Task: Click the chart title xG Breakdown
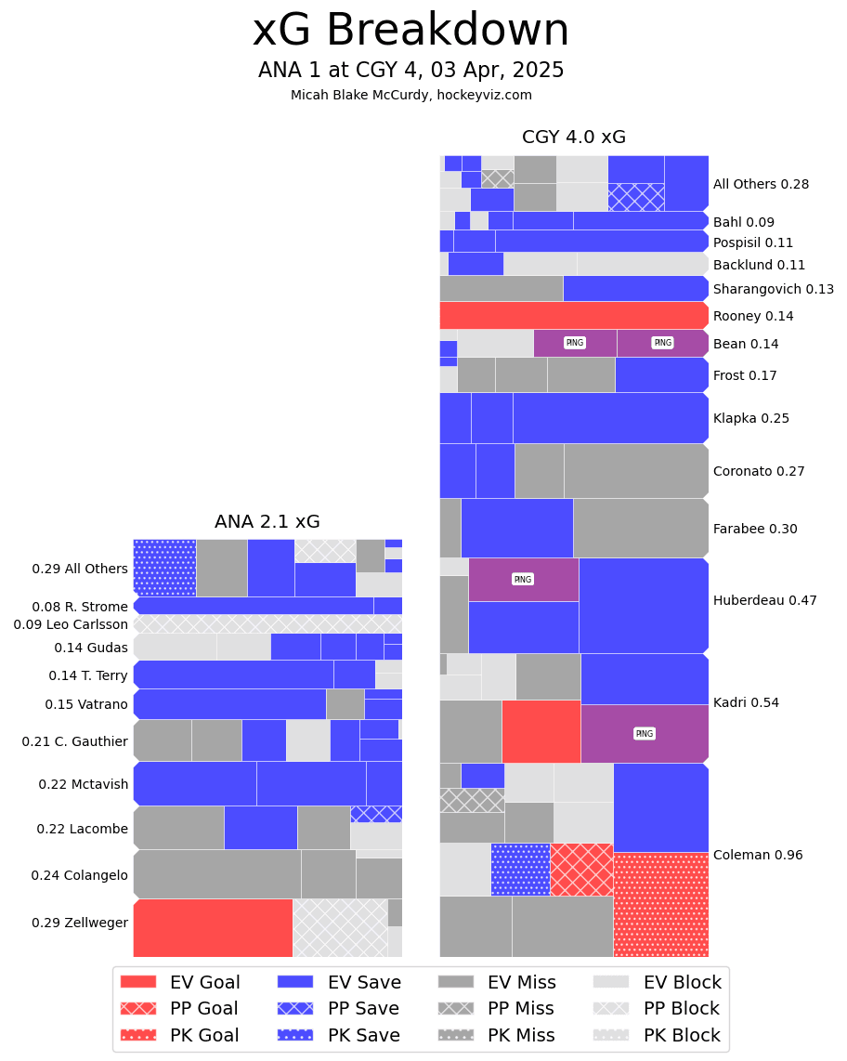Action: [410, 32]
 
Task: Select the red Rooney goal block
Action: [573, 316]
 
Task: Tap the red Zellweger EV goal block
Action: [213, 927]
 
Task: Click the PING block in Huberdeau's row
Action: [523, 580]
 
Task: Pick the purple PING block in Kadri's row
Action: [644, 733]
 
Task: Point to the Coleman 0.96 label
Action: [757, 855]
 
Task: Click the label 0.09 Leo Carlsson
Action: [71, 624]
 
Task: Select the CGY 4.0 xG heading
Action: [573, 138]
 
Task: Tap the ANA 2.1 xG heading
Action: [267, 522]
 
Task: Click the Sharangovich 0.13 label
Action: [773, 289]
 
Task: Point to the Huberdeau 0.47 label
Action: [764, 600]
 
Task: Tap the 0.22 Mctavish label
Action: [84, 784]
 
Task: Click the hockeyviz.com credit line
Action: [410, 95]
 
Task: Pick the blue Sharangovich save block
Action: [635, 288]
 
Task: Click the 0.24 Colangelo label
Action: [79, 875]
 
